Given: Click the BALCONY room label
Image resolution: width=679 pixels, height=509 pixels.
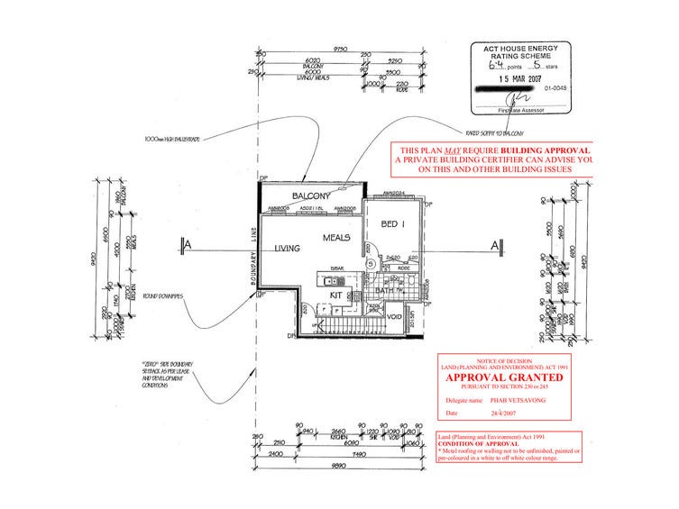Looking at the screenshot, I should (x=308, y=195).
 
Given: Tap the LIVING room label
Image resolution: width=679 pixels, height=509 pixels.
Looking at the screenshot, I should (x=288, y=249).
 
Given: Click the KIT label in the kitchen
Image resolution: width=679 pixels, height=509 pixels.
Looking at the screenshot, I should (x=335, y=295).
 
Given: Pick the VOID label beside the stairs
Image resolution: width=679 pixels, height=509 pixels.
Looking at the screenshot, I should (x=392, y=317).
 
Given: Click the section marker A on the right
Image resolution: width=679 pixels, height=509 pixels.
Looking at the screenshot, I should (x=494, y=244).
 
